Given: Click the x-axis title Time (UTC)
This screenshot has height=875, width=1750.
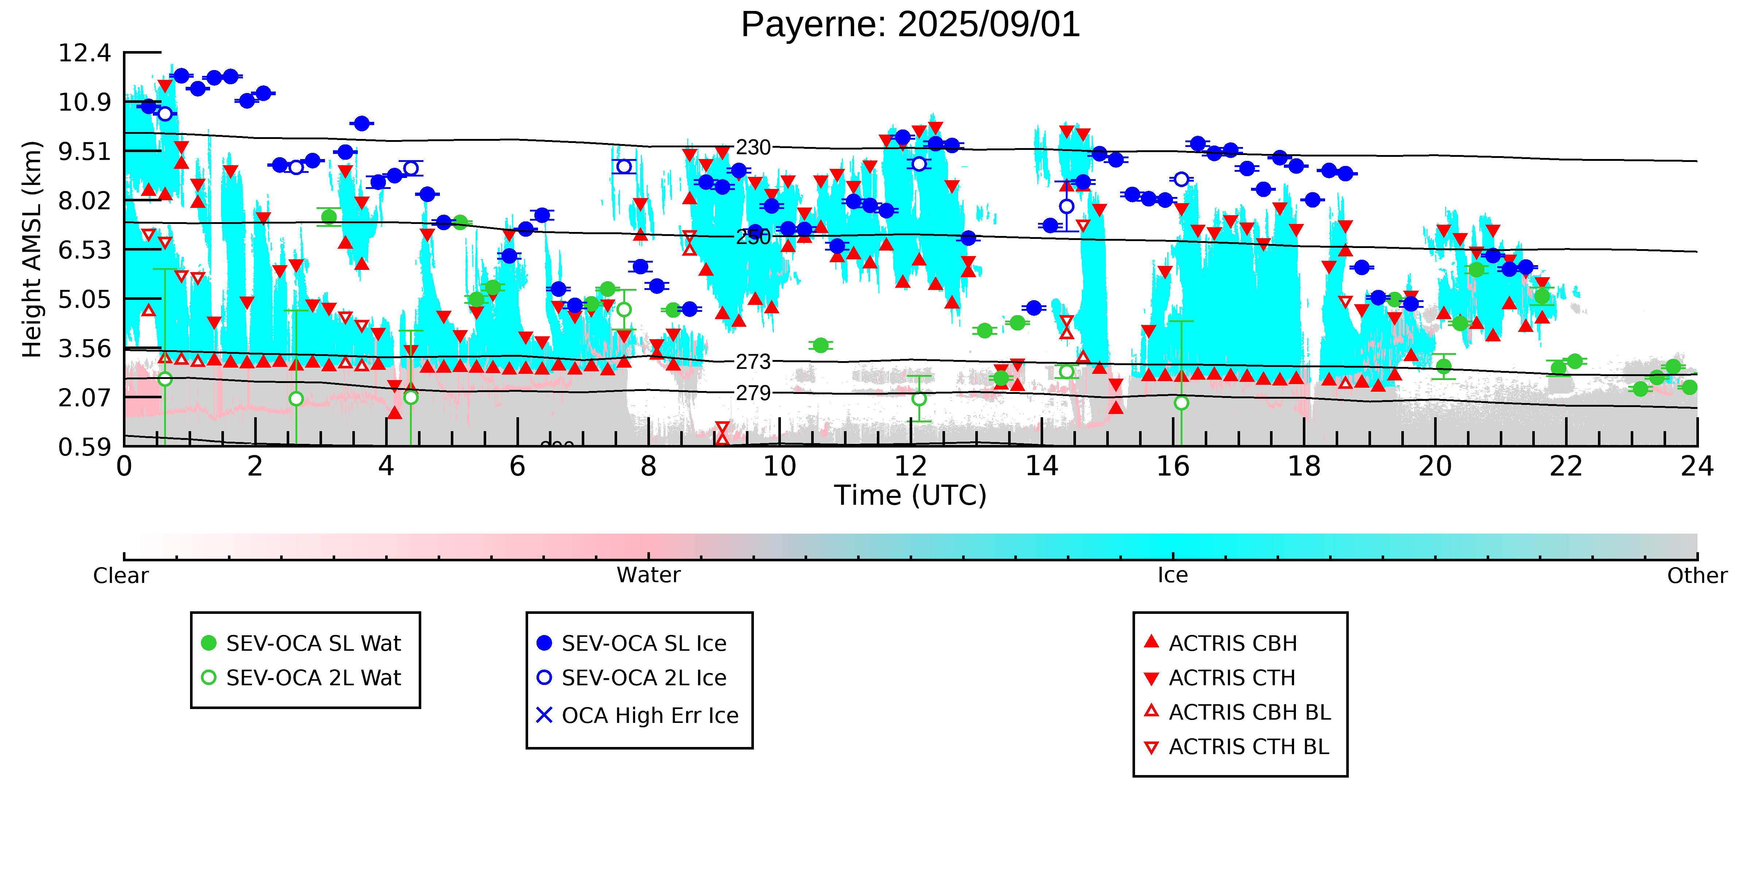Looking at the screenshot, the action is pyautogui.click(x=910, y=495).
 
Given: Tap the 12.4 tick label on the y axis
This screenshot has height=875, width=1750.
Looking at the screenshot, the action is pyautogui.click(x=84, y=53).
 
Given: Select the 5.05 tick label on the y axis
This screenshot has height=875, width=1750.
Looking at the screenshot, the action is pyautogui.click(x=84, y=299).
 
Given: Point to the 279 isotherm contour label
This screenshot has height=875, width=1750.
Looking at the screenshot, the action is pyautogui.click(x=754, y=393).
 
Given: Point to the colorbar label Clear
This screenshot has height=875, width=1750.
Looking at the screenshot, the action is pyautogui.click(x=121, y=576).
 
